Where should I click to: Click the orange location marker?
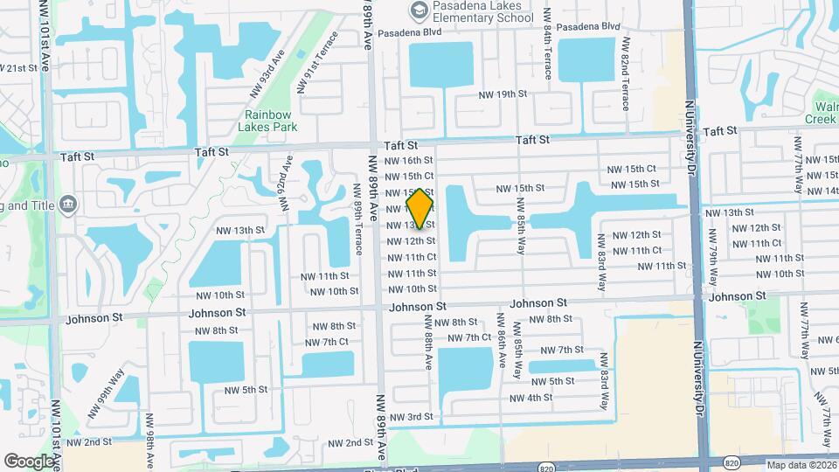420,209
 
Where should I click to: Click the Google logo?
28,461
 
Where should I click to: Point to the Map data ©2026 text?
801,465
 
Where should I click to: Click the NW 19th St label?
503,94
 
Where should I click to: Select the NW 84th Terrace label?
546,52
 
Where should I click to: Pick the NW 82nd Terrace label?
626,74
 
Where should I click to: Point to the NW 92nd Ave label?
284,184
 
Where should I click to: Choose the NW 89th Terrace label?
357,220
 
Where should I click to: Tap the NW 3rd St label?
411,417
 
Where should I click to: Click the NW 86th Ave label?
502,346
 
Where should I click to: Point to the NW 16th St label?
411,161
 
